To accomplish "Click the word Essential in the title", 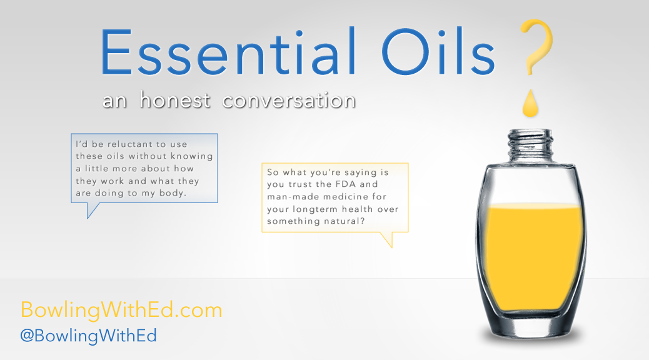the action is tap(228, 52).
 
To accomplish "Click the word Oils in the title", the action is tap(438, 52).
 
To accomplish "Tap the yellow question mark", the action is tap(536, 47).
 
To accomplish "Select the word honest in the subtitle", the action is tap(174, 100).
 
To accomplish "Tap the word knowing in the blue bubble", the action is tap(192, 156).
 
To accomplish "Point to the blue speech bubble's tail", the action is tap(92, 210).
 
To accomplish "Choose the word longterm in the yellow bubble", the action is tap(315, 209).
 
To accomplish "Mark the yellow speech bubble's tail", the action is tap(388, 239).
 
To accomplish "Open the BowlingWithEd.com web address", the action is tap(121, 310).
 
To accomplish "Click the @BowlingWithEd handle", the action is tap(89, 336).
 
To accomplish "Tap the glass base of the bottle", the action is tap(531, 327).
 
